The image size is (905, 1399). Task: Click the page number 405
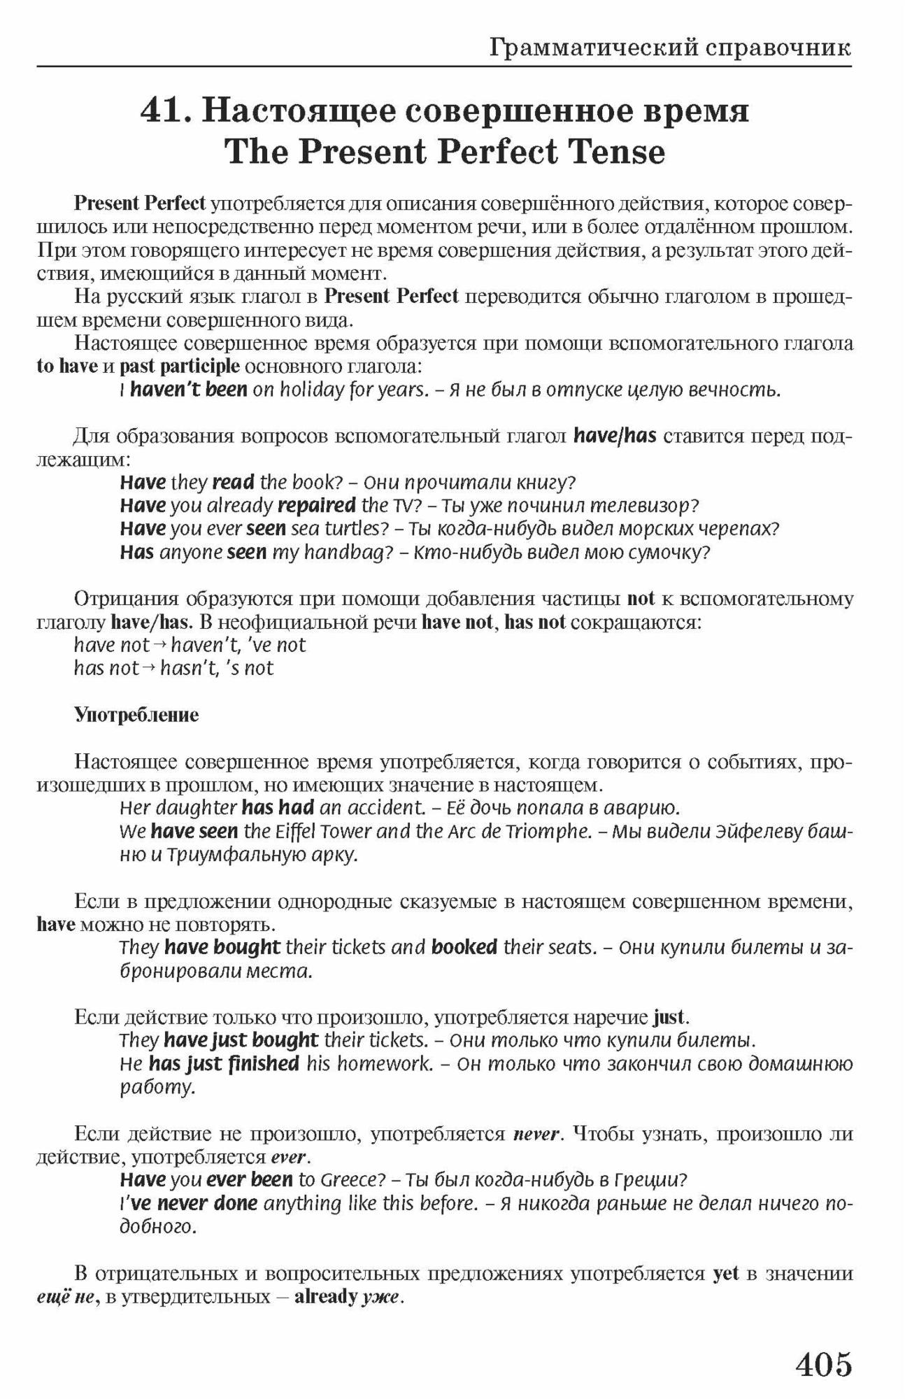tap(824, 1363)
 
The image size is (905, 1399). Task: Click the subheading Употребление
tap(136, 715)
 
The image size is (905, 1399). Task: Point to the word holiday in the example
tap(311, 390)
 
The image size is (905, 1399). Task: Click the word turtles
tap(356, 529)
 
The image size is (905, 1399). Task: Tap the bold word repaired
tap(317, 505)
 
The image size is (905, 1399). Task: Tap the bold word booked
tap(464, 947)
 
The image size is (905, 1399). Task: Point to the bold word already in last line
tap(326, 1296)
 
